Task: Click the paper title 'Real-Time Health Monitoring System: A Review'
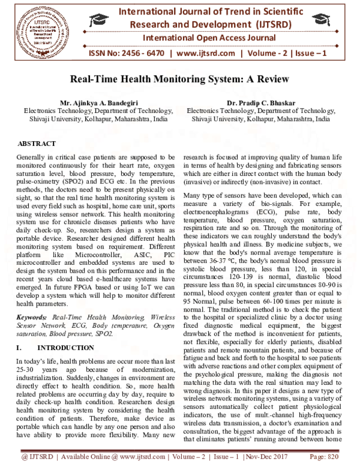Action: (x=179, y=79)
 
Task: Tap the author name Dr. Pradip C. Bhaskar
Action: (x=260, y=103)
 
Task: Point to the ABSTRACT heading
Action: (x=38, y=145)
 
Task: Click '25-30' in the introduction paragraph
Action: (x=28, y=369)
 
